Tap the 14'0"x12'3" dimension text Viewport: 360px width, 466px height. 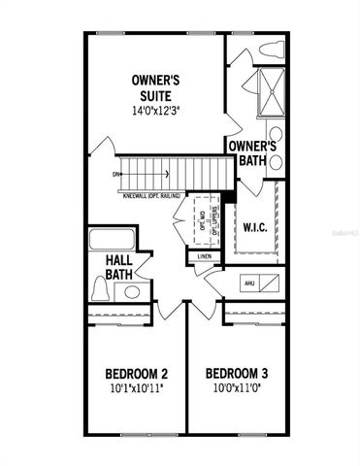click(x=159, y=111)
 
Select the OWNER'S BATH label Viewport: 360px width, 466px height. click(x=254, y=153)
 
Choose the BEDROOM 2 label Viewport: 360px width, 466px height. click(x=136, y=373)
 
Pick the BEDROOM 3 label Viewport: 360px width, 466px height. click(x=238, y=373)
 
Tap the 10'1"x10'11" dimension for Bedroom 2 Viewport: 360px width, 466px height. click(x=136, y=388)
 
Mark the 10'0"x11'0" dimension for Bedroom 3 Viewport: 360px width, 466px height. click(x=238, y=388)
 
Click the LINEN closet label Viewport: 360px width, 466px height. click(x=204, y=256)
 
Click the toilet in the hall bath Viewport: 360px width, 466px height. click(x=100, y=288)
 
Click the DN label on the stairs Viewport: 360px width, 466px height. click(x=116, y=175)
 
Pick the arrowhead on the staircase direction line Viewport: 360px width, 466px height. click(x=168, y=175)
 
